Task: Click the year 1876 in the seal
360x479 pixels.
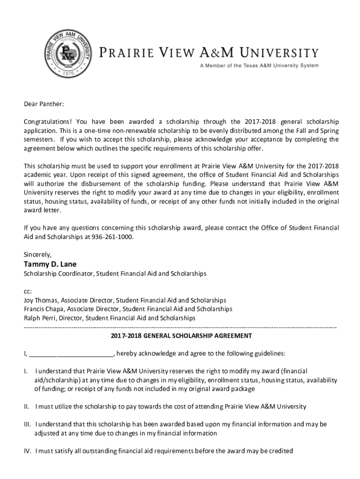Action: [69, 73]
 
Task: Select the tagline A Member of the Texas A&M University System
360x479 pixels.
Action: [259, 65]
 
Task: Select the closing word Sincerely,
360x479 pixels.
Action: [37, 255]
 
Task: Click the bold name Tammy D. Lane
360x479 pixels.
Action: [50, 264]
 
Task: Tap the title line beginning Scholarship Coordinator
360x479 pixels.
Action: [115, 273]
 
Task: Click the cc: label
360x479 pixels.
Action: [28, 291]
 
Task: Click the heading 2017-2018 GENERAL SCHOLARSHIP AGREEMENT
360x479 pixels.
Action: [181, 336]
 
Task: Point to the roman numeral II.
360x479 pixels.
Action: [27, 406]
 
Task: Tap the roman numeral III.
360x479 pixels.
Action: [28, 424]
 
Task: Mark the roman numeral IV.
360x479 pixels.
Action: [28, 451]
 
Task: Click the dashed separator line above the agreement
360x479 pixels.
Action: [180, 327]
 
